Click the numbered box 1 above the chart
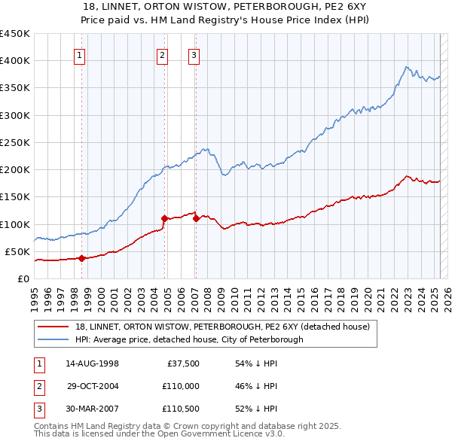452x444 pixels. click(x=80, y=54)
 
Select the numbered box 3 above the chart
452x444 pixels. click(x=194, y=54)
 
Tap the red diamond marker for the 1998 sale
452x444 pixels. click(x=81, y=258)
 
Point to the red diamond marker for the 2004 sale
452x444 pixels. click(x=164, y=218)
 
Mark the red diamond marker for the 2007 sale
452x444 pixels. click(x=196, y=218)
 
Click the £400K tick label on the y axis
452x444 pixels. click(x=15, y=61)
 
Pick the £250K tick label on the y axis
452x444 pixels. click(x=15, y=142)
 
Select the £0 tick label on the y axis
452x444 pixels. click(x=23, y=278)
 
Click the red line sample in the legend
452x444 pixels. click(x=54, y=327)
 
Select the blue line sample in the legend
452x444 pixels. click(x=54, y=339)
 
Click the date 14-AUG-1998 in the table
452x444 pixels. click(x=93, y=363)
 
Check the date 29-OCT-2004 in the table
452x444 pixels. click(x=93, y=386)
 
